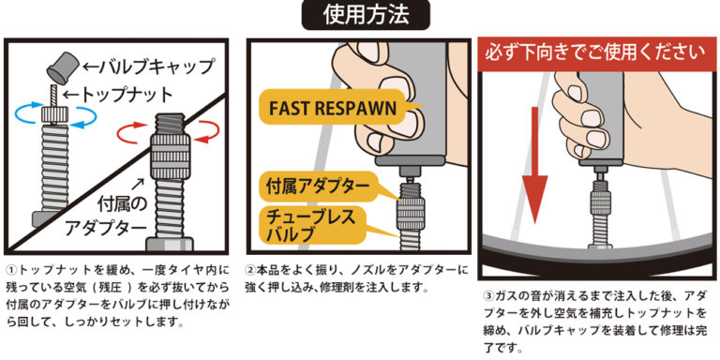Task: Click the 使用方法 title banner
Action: coord(359,16)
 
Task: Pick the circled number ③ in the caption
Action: coord(486,294)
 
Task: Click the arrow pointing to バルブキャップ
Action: coord(92,67)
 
